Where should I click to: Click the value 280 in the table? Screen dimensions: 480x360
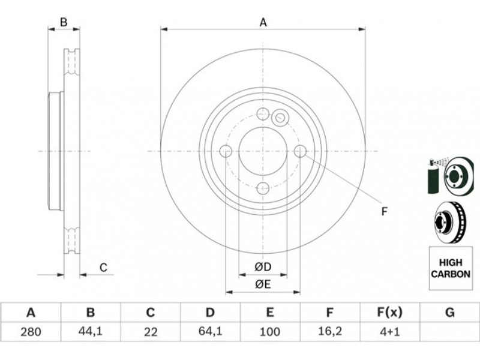pyautogui.click(x=31, y=332)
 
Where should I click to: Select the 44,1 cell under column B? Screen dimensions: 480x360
pyautogui.click(x=91, y=331)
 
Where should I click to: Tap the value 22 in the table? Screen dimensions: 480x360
pyautogui.click(x=151, y=332)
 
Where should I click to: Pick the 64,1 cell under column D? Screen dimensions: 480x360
pyautogui.click(x=210, y=331)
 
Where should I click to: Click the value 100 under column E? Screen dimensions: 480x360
pyautogui.click(x=269, y=332)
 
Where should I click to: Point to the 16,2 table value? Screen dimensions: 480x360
pyautogui.click(x=329, y=331)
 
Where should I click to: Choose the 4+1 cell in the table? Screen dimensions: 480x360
pyautogui.click(x=389, y=332)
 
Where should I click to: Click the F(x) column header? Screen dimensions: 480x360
pyautogui.click(x=389, y=313)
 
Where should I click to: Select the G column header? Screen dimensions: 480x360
pyautogui.click(x=449, y=313)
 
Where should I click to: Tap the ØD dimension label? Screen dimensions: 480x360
pyautogui.click(x=263, y=267)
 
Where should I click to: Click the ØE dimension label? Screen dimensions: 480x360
pyautogui.click(x=263, y=284)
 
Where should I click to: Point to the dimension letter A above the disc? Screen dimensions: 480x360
pyautogui.click(x=263, y=22)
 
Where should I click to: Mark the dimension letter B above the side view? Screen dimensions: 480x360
pyautogui.click(x=64, y=22)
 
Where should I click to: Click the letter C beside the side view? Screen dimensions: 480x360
pyautogui.click(x=103, y=268)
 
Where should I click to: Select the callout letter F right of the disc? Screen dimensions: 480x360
pyautogui.click(x=385, y=211)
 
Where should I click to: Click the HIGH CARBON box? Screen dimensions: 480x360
pyautogui.click(x=451, y=268)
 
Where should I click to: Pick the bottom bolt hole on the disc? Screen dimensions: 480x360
pyautogui.click(x=263, y=188)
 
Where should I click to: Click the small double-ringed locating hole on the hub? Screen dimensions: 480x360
pyautogui.click(x=280, y=117)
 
